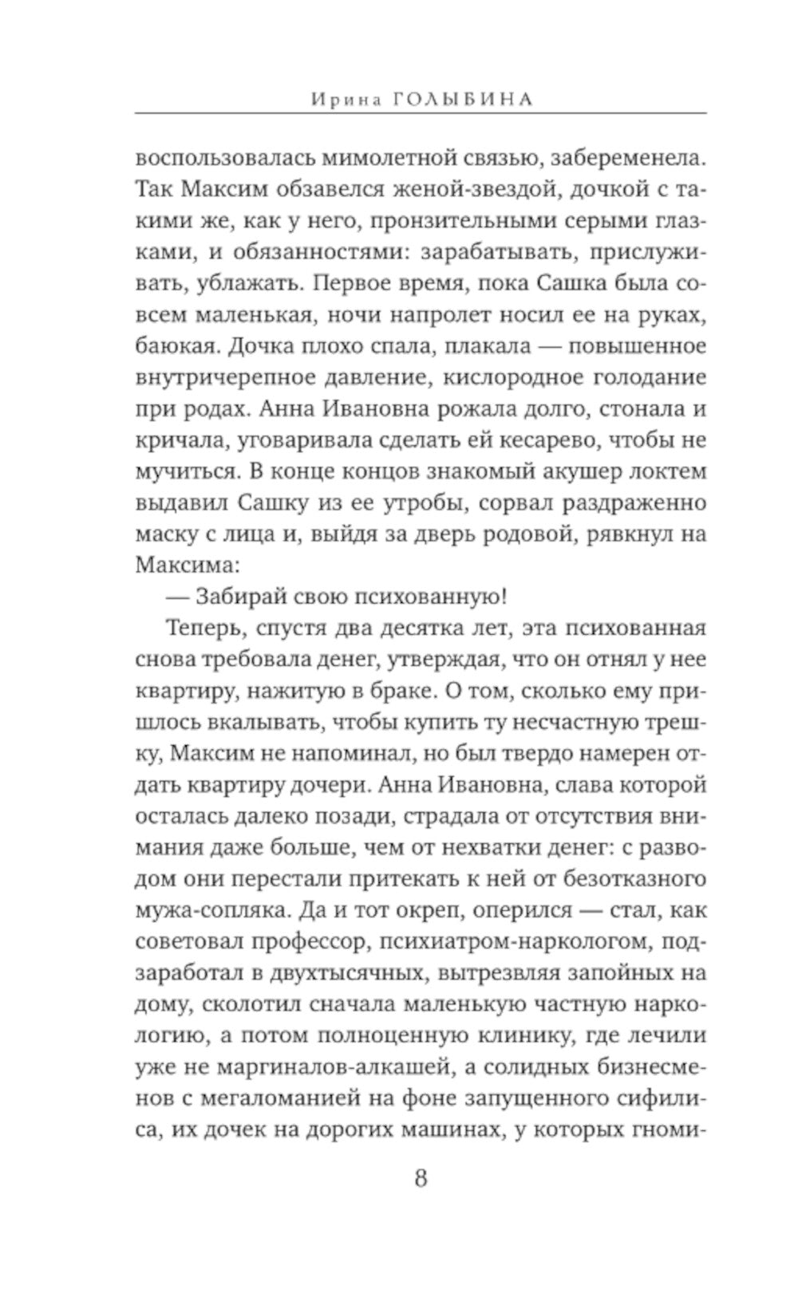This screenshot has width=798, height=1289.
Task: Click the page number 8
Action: pyautogui.click(x=421, y=1177)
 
